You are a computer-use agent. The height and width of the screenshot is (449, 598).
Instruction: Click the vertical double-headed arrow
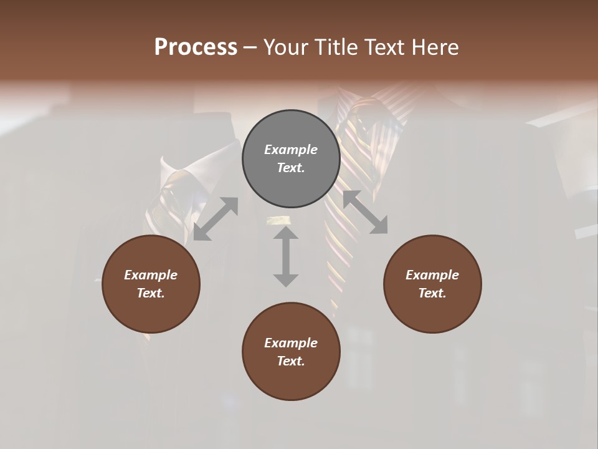click(286, 256)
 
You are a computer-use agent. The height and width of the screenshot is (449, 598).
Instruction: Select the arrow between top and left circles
click(216, 219)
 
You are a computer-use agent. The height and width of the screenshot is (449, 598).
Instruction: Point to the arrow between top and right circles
click(365, 212)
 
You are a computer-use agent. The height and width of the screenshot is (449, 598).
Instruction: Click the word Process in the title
click(196, 47)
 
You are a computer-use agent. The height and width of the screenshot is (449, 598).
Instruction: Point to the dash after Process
click(250, 47)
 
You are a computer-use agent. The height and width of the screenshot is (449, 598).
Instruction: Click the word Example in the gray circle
click(291, 150)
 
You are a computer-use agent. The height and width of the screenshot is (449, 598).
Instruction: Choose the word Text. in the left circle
click(151, 293)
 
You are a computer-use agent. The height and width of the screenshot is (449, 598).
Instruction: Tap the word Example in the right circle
click(432, 275)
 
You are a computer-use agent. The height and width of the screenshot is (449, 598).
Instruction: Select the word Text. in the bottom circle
click(291, 361)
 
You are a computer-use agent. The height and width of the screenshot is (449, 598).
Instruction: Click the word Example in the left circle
click(151, 275)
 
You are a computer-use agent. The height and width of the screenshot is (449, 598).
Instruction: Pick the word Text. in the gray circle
click(291, 168)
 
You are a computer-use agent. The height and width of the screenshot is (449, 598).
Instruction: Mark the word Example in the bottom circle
click(291, 343)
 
